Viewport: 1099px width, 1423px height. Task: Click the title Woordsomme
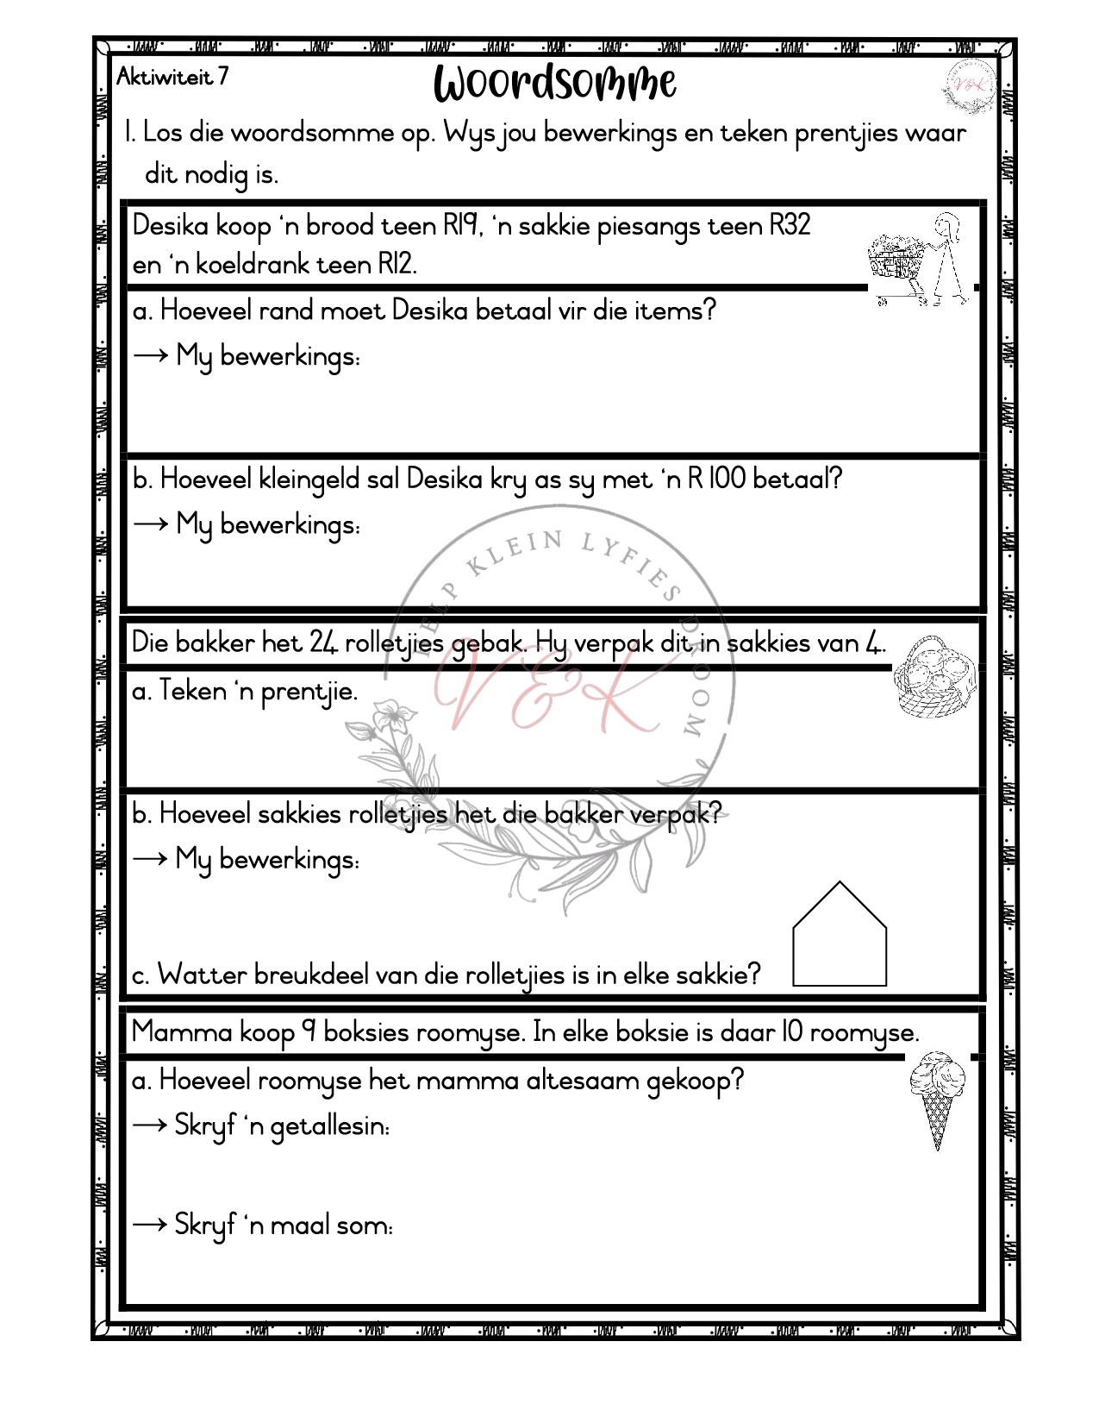(x=554, y=84)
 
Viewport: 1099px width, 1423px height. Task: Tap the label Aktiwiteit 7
(x=172, y=78)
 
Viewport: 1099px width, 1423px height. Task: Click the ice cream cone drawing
(x=938, y=1100)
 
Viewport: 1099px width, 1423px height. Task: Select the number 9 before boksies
(x=308, y=1033)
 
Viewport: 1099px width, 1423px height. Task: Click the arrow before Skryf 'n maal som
(x=150, y=1225)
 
